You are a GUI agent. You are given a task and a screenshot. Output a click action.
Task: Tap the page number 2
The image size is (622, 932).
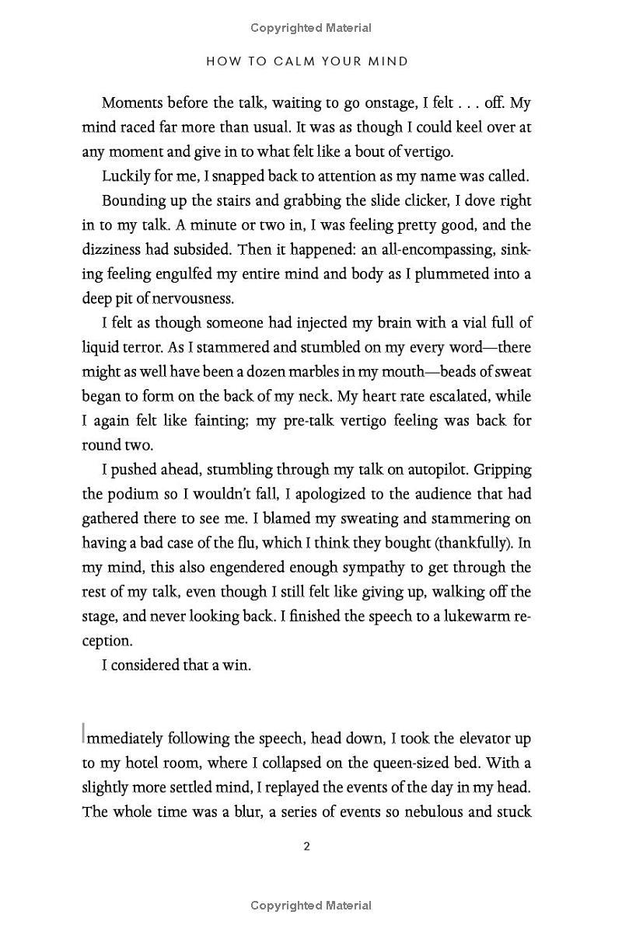pos(306,846)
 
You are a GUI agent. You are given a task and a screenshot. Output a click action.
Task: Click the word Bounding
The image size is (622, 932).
pos(132,200)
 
